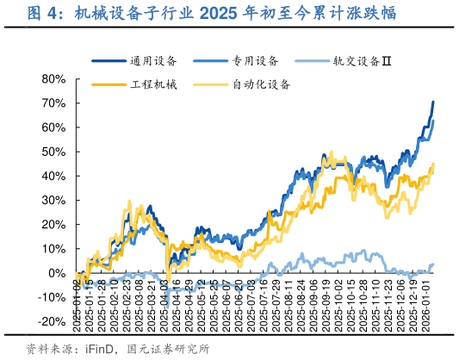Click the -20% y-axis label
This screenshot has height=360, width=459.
coord(51,322)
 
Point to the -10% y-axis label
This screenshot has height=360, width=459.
coord(51,298)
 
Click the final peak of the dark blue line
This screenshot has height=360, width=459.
coord(433,102)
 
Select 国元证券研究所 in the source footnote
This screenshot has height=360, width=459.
coord(168,349)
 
